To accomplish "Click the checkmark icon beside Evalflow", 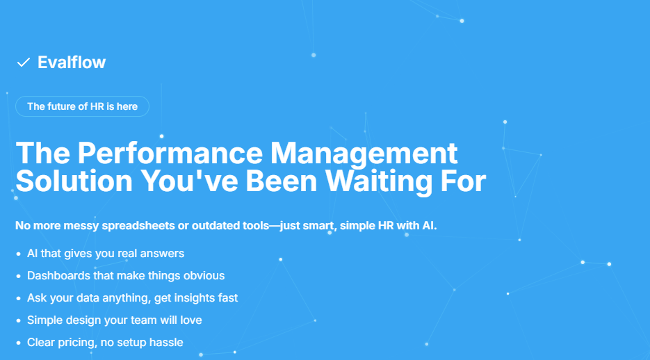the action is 23,63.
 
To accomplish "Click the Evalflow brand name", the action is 72,63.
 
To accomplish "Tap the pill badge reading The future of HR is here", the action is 82,106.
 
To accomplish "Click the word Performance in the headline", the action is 170,154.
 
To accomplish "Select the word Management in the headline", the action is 364,154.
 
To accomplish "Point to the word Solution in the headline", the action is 74,181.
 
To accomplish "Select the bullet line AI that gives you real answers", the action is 106,254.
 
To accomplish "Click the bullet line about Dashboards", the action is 126,275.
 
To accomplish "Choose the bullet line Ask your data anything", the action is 132,298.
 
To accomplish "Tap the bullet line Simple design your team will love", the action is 115,320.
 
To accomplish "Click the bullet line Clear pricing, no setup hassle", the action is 105,343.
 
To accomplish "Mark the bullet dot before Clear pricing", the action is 18,343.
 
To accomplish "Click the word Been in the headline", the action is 282,181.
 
